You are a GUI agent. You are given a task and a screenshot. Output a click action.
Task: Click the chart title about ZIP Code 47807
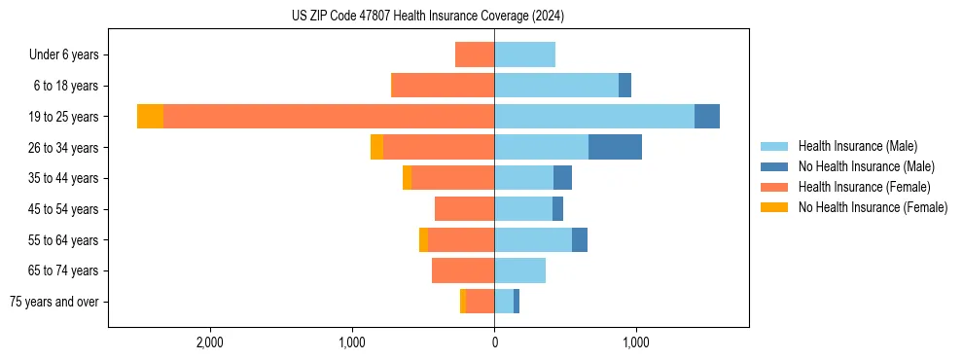tap(427, 17)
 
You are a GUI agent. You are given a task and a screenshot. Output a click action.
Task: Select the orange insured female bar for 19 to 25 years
tap(329, 117)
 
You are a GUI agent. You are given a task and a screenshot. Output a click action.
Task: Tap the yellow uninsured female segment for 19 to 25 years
tap(150, 117)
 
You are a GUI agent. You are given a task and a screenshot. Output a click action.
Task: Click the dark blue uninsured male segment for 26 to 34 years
tap(615, 147)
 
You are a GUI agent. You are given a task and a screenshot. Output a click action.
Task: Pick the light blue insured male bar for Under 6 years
tap(524, 54)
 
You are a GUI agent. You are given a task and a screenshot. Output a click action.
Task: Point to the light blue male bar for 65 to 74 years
tap(519, 270)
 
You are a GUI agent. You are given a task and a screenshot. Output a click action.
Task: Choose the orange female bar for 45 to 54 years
tap(464, 209)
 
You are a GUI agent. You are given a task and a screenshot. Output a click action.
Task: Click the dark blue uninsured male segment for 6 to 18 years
tap(624, 86)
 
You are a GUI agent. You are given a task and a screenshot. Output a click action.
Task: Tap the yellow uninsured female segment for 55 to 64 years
tap(423, 239)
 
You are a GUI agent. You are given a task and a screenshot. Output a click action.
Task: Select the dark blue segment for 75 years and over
tap(517, 302)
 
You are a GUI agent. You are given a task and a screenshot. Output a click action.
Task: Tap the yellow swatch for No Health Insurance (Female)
tap(774, 207)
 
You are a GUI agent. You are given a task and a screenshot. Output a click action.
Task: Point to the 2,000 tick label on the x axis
tap(210, 342)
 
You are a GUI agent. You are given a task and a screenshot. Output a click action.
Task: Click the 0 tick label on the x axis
tap(494, 342)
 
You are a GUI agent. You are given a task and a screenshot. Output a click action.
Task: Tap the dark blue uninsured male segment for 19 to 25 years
tap(707, 117)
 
